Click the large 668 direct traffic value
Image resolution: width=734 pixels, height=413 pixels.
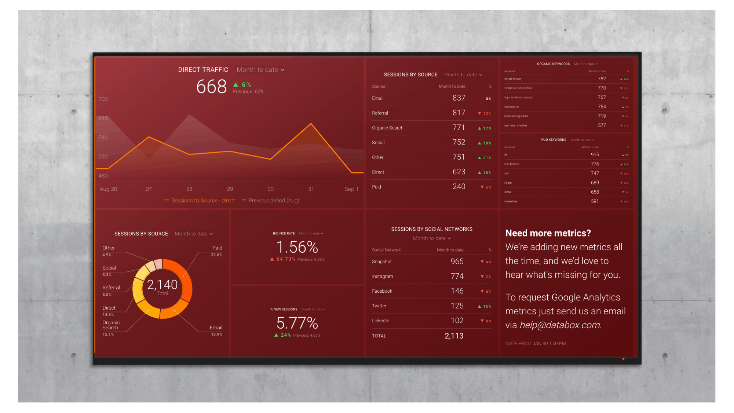(211, 87)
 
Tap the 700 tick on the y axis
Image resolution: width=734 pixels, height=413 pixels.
(103, 99)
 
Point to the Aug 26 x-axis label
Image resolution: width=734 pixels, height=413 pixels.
(108, 189)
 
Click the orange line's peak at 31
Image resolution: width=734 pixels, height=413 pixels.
(311, 124)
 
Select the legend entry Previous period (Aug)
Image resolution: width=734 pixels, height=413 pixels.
(274, 201)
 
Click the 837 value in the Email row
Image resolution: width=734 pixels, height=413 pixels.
(459, 98)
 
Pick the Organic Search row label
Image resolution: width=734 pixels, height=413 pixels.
(387, 128)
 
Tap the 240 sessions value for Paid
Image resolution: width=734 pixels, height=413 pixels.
(459, 187)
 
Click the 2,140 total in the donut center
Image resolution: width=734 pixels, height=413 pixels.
(162, 285)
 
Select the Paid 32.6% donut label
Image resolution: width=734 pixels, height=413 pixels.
(217, 251)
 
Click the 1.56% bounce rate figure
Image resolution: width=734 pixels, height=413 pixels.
(297, 247)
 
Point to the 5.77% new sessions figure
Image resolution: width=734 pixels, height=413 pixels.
(297, 323)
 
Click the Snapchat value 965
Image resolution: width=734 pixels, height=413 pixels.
(457, 262)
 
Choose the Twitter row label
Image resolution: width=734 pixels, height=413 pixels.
(379, 306)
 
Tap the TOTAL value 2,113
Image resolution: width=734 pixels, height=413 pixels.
(454, 336)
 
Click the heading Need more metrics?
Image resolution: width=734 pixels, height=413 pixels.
(548, 233)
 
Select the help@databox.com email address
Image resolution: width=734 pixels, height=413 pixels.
(560, 325)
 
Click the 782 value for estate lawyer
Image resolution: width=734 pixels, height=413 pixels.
(602, 79)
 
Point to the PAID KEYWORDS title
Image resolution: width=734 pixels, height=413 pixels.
(553, 140)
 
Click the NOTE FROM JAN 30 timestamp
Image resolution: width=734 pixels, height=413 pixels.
(535, 344)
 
